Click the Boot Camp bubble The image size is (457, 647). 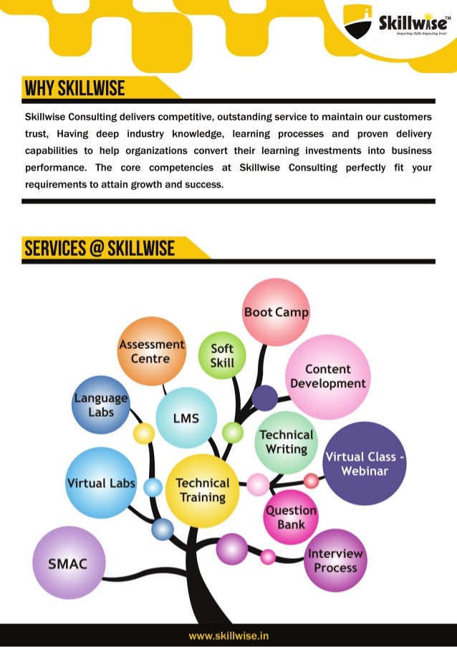pyautogui.click(x=276, y=312)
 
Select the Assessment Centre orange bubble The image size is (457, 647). pyautogui.click(x=151, y=351)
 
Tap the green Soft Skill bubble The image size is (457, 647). pyautogui.click(x=222, y=355)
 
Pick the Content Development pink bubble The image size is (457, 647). pyautogui.click(x=328, y=377)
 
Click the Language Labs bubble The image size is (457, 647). pyautogui.click(x=101, y=405)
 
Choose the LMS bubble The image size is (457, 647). pyautogui.click(x=186, y=418)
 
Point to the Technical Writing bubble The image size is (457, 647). pyautogui.click(x=287, y=441)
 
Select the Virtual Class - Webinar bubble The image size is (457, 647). pyautogui.click(x=365, y=464)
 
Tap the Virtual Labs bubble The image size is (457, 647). pyautogui.click(x=100, y=483)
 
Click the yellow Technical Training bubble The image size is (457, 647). pyautogui.click(x=203, y=490)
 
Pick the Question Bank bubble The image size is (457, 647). pyautogui.click(x=291, y=517)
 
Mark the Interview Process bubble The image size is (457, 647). pyautogui.click(x=335, y=560)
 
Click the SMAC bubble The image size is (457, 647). pyautogui.click(x=68, y=563)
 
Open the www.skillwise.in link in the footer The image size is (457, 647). pyautogui.click(x=228, y=636)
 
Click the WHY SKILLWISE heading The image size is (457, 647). pyautogui.click(x=75, y=89)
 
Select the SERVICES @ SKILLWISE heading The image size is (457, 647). pyautogui.click(x=100, y=249)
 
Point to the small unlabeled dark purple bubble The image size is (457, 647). pyautogui.click(x=264, y=398)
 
